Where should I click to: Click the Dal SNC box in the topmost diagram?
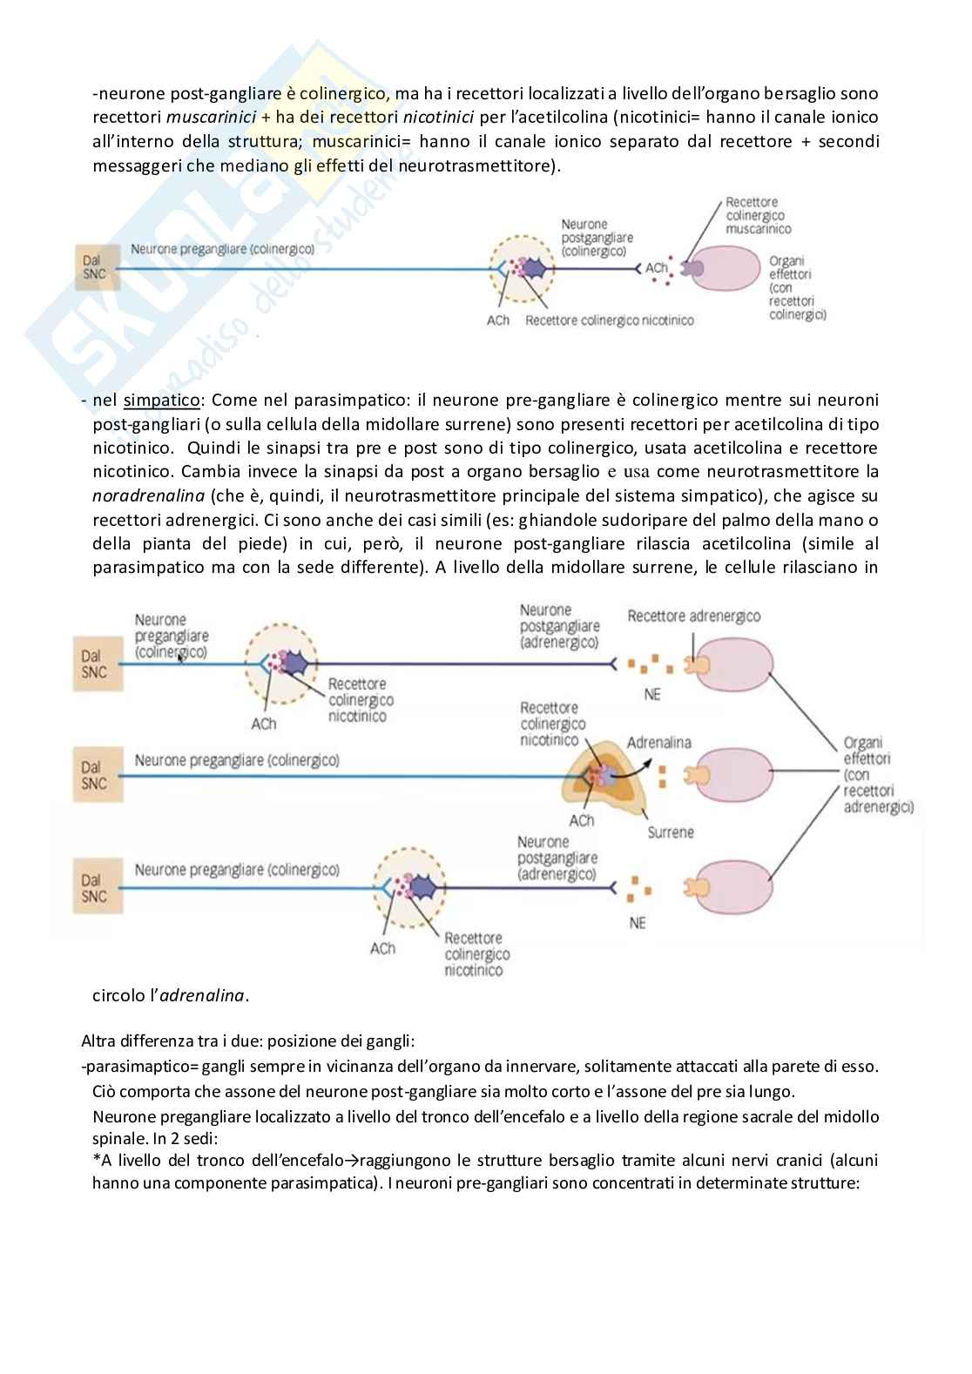coord(91,266)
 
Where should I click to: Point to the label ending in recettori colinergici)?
coord(796,287)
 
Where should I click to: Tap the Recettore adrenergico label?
coord(693,616)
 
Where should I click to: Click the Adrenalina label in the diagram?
coord(658,743)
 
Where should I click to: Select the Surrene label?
coord(671,832)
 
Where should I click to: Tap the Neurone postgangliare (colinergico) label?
coord(597,238)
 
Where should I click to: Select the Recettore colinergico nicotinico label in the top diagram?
coord(610,320)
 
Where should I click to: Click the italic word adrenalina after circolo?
coord(203,995)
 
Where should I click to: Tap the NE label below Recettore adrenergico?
coord(652,695)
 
